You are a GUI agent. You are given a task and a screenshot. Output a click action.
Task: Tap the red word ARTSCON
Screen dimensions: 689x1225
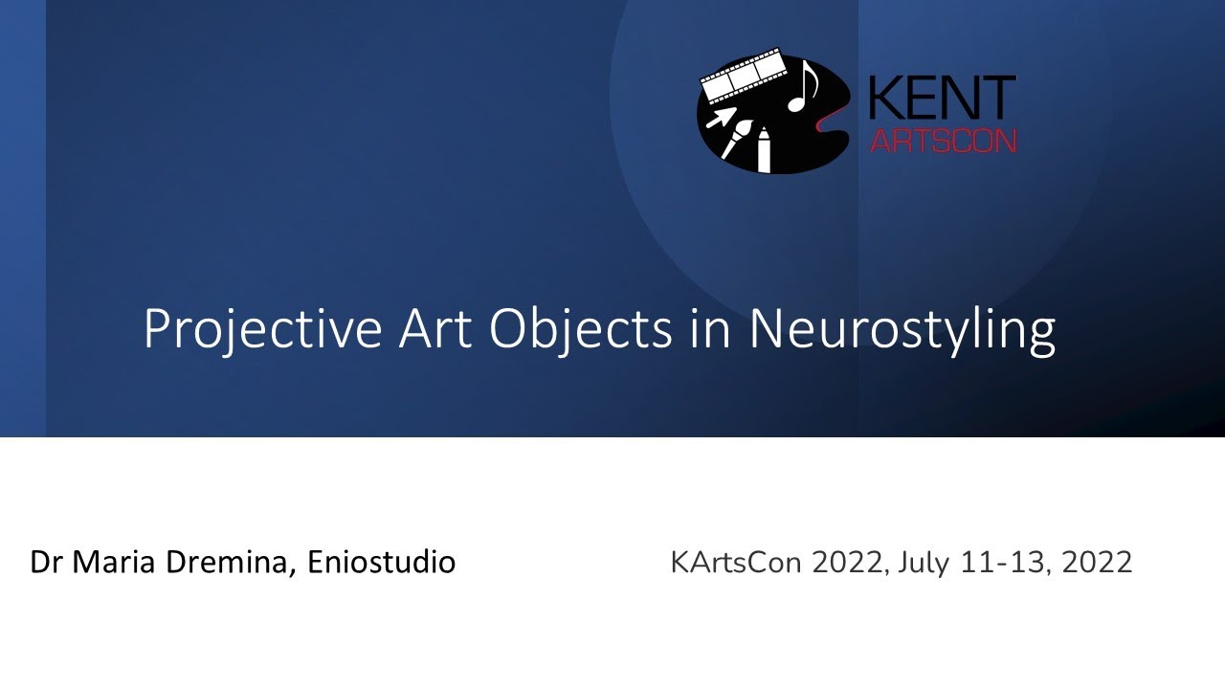pos(942,142)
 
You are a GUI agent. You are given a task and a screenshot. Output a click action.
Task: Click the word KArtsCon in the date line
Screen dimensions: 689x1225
pos(735,562)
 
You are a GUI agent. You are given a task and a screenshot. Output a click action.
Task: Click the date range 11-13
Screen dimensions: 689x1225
pos(1007,562)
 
